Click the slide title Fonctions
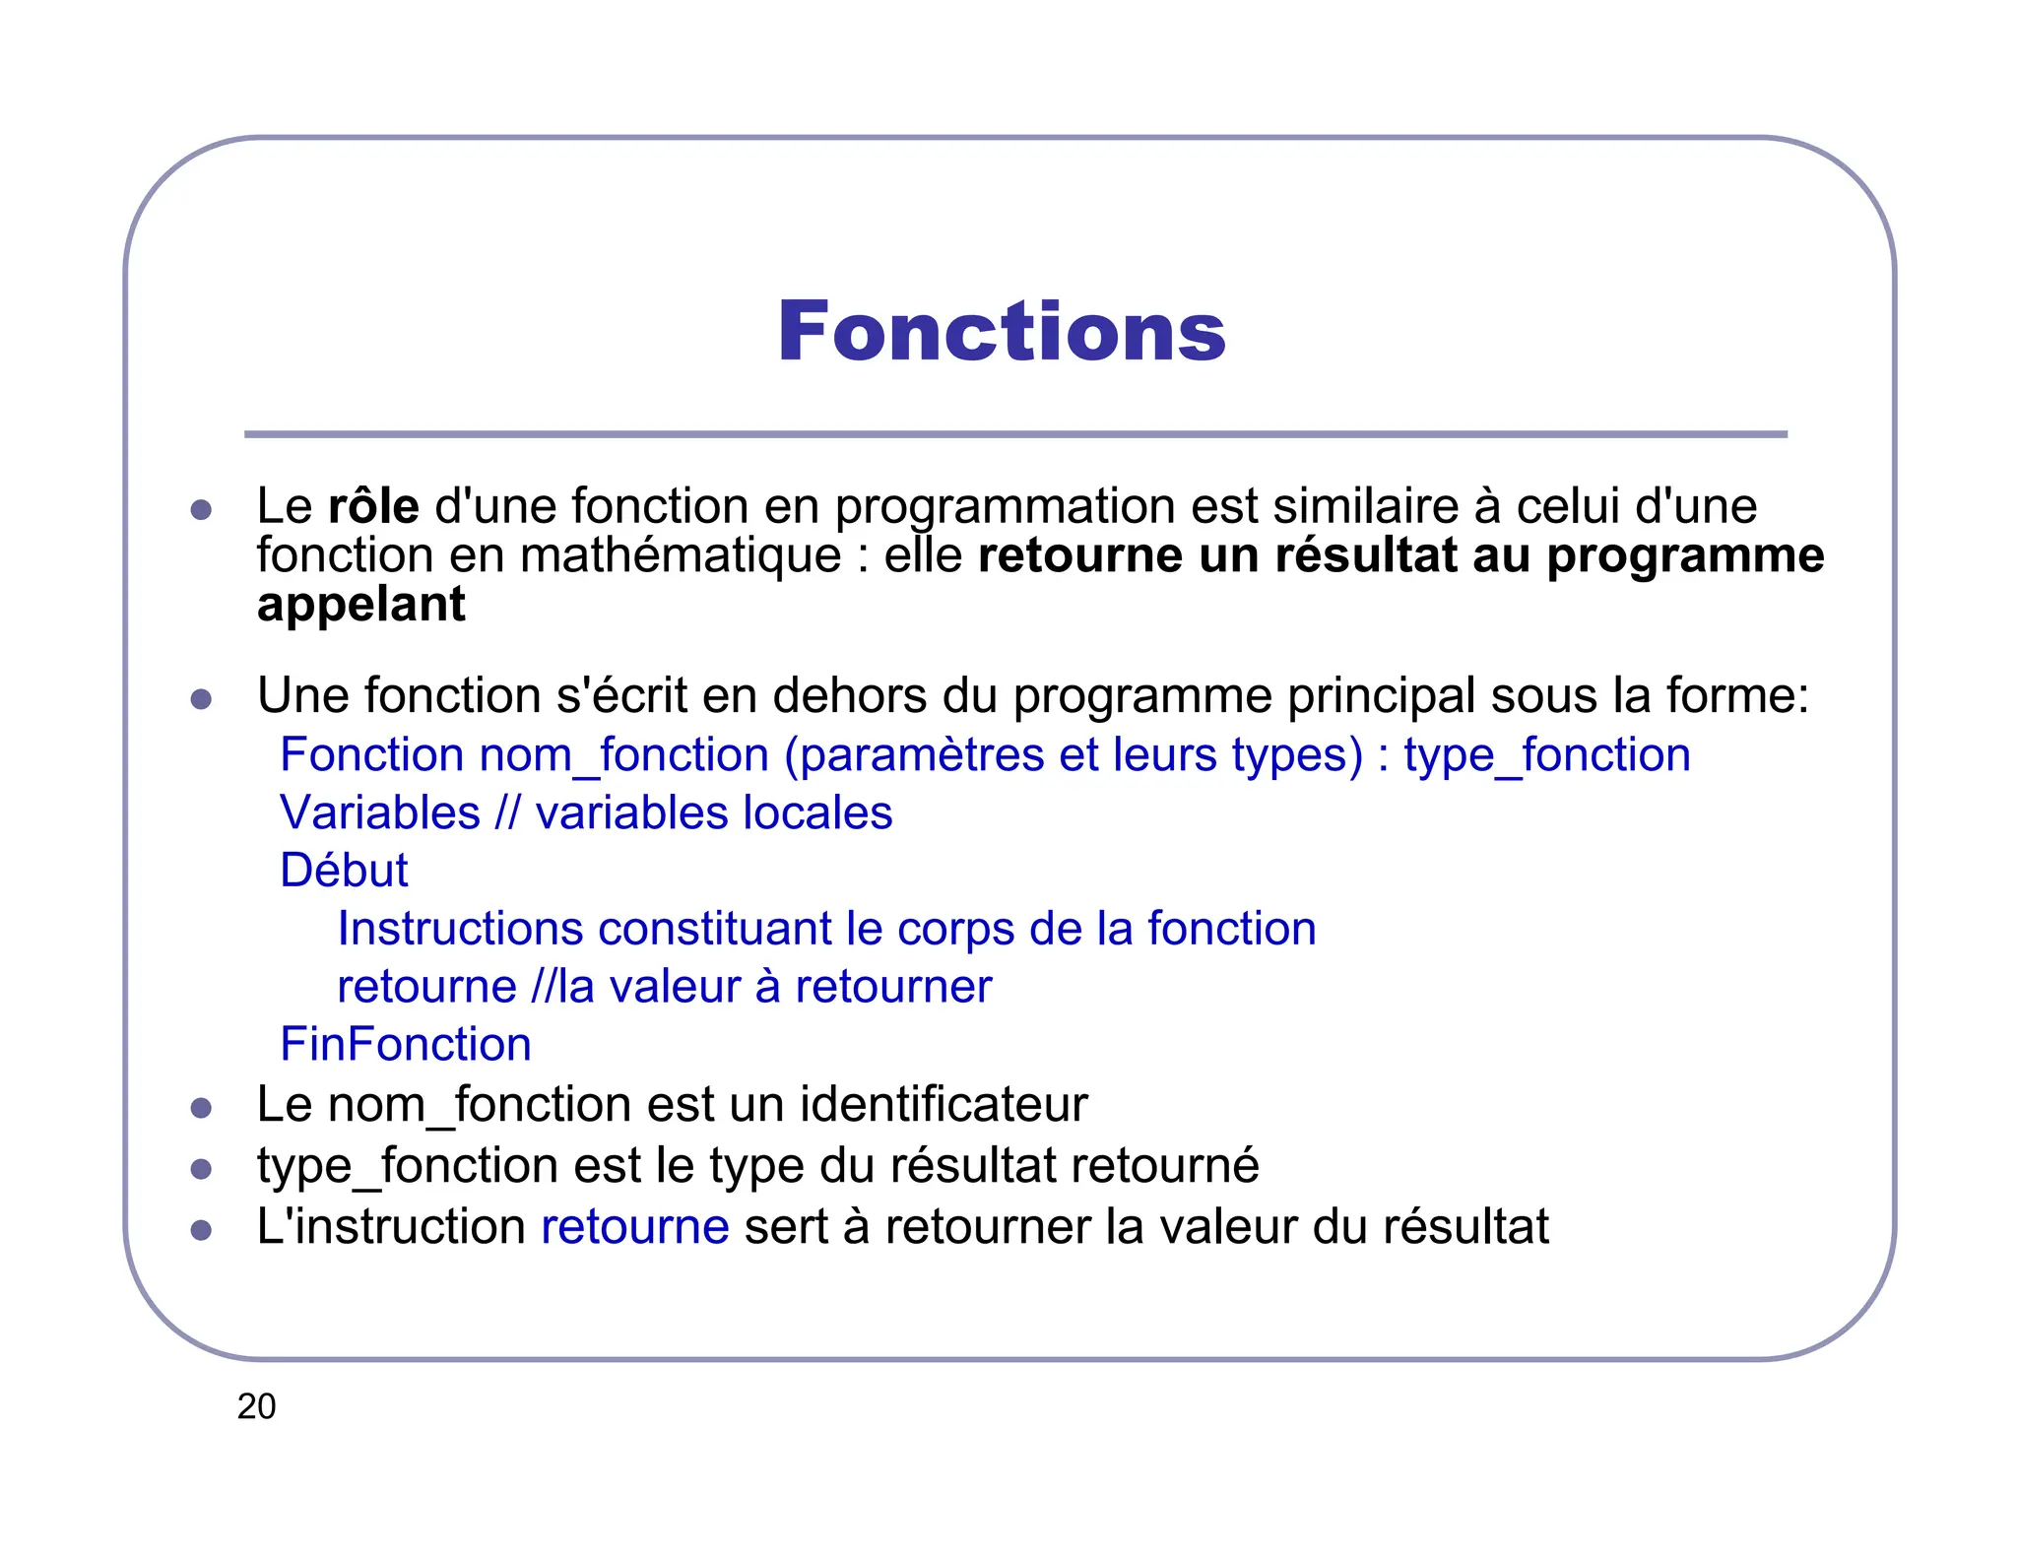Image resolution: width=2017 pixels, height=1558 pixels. [x=1002, y=332]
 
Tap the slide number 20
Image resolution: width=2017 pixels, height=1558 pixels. [x=256, y=1406]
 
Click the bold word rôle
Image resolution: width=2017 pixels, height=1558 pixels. [x=373, y=506]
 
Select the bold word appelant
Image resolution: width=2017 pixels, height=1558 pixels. [x=360, y=605]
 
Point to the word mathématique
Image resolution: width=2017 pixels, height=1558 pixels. [x=681, y=555]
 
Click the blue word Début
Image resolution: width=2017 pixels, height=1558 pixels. [x=344, y=871]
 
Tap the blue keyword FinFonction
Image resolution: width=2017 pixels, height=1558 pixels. [x=406, y=1044]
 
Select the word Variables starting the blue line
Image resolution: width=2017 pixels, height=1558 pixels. [x=380, y=813]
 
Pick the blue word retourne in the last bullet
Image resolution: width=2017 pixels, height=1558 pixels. [x=635, y=1227]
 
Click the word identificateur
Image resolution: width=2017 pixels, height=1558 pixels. [x=943, y=1104]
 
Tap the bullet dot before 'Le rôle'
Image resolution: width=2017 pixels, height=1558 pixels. [x=202, y=509]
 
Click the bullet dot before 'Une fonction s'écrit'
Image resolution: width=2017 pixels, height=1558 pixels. [x=202, y=699]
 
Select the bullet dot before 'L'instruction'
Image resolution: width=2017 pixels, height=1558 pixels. [x=202, y=1230]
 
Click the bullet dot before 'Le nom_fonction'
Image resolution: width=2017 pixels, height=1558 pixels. [x=202, y=1108]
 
